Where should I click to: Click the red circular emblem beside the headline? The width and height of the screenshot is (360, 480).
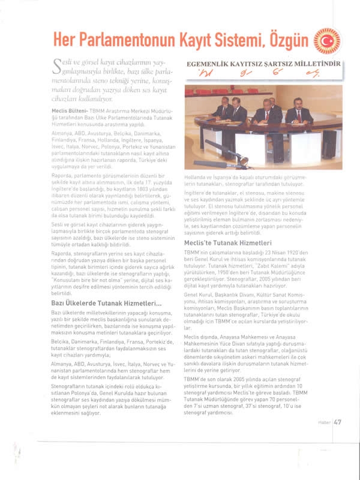pos(327,41)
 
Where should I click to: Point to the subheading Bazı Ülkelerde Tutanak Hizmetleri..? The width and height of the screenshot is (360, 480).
pos(106,304)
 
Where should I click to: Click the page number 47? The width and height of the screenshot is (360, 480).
pos(338,455)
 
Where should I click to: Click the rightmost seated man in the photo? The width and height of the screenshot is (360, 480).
pos(298,112)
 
